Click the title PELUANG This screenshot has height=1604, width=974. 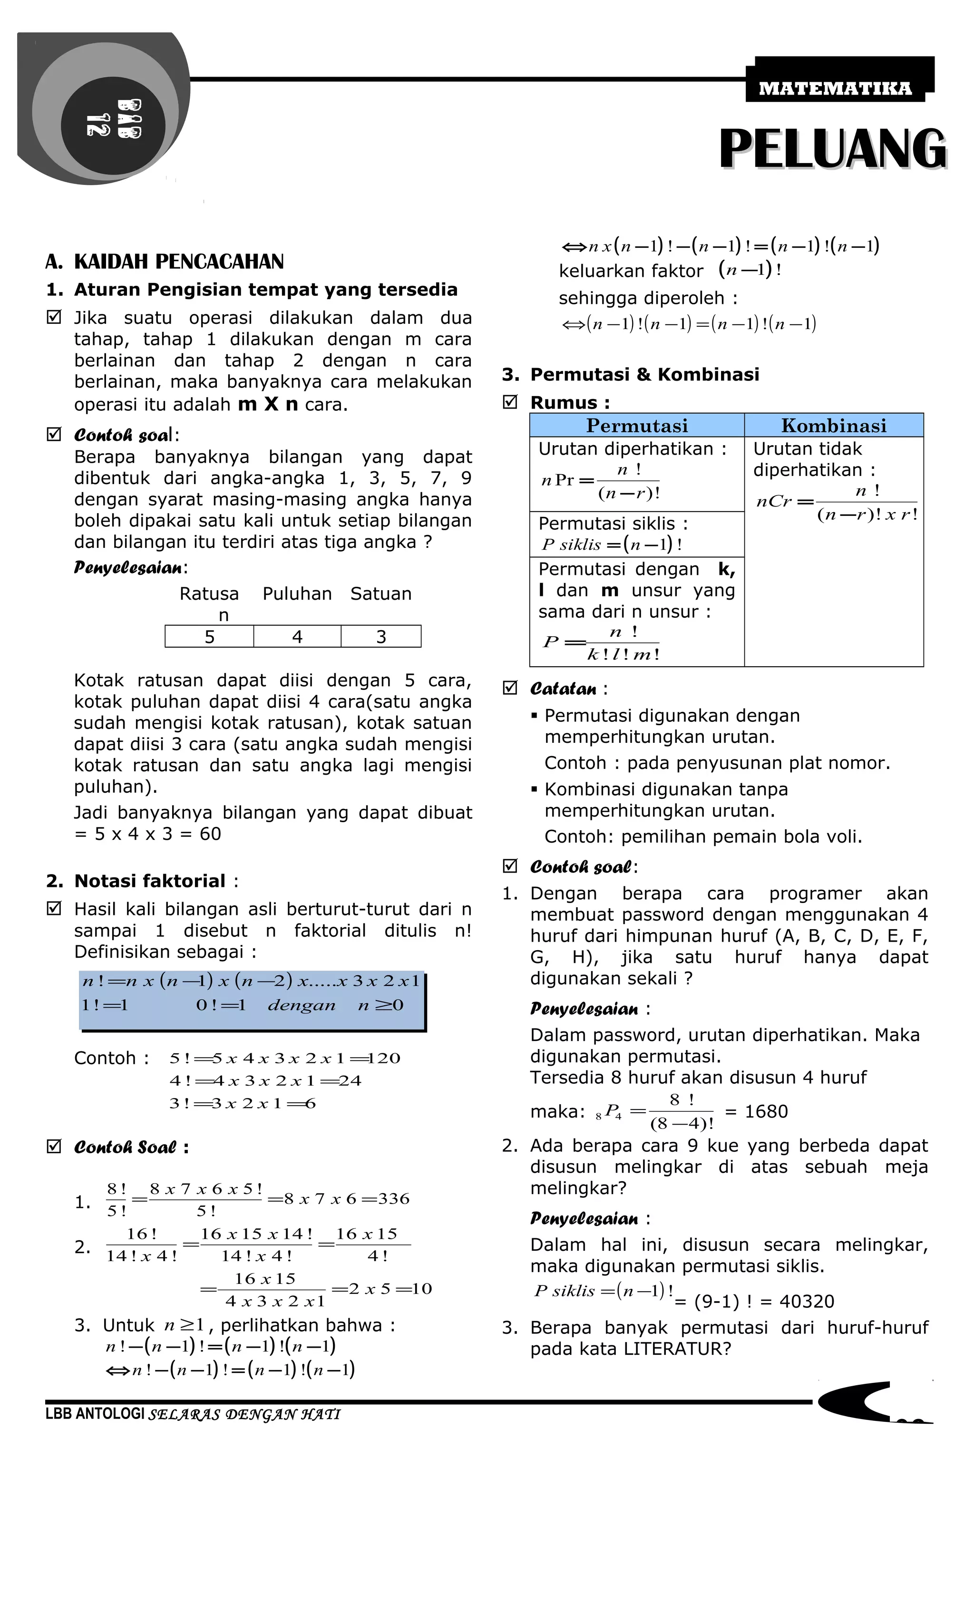tap(833, 150)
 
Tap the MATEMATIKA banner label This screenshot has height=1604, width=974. tap(835, 88)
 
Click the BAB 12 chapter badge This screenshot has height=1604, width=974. tap(114, 118)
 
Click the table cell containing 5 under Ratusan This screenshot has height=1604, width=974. tap(209, 637)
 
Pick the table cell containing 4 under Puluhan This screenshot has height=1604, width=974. tap(297, 637)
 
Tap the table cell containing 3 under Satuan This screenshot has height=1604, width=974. tap(381, 637)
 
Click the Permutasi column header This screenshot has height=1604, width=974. tap(637, 426)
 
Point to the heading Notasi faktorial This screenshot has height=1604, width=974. tap(150, 881)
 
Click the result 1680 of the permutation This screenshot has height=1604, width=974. tap(766, 1111)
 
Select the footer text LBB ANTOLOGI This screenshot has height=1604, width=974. tap(95, 1414)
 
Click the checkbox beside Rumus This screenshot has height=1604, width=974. tap(510, 402)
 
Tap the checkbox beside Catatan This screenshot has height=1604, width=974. tap(510, 688)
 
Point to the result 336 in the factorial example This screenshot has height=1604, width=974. tap(393, 1199)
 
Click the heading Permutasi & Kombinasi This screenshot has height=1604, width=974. tap(644, 374)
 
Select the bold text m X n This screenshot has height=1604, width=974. tap(268, 404)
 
